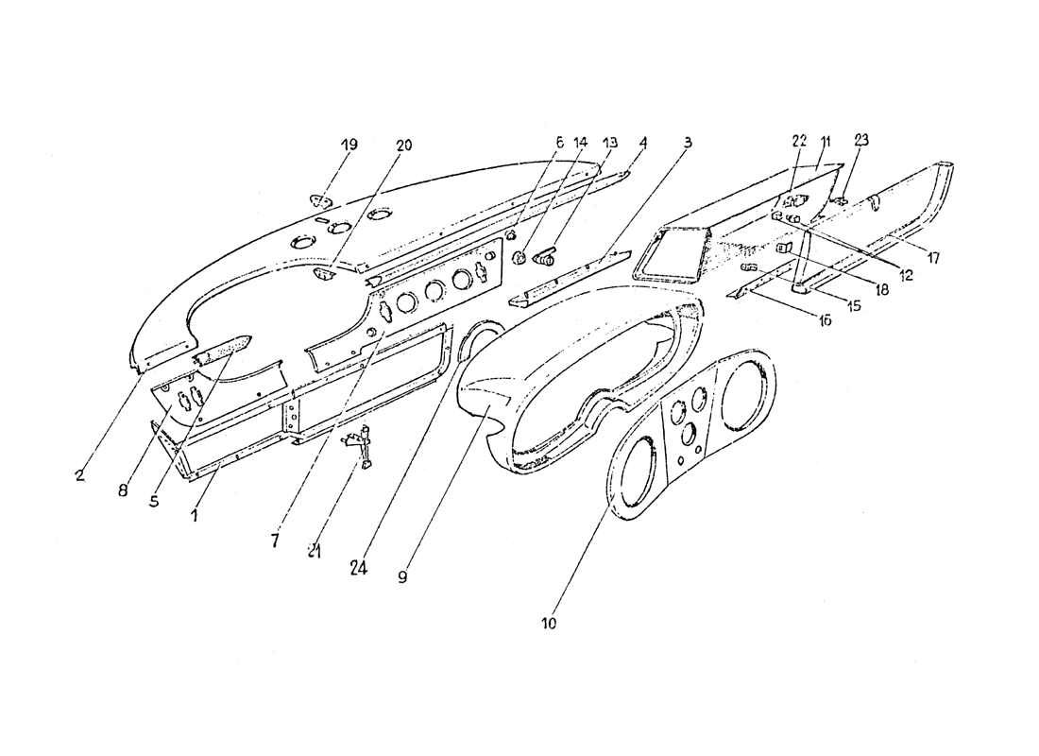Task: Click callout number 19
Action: [349, 146]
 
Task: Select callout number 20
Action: [404, 146]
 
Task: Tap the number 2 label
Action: [79, 475]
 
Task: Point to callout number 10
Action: [549, 624]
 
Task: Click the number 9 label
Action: [402, 576]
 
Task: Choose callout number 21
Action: [314, 551]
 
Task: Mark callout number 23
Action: [860, 140]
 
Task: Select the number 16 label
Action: [825, 321]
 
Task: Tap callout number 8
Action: [124, 490]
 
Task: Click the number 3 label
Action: [688, 142]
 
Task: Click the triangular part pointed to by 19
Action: [321, 199]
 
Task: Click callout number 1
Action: [195, 516]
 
